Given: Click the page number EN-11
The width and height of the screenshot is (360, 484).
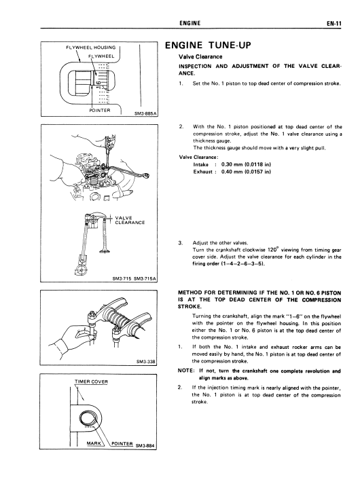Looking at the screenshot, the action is [x=334, y=24].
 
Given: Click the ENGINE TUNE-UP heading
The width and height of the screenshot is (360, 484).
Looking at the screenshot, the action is [x=208, y=45].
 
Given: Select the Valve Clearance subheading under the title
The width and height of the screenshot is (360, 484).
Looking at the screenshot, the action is [x=200, y=57].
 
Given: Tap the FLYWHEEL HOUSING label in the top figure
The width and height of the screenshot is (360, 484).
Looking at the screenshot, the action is [x=91, y=48].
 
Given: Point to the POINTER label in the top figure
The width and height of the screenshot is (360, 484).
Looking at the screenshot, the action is [x=100, y=110].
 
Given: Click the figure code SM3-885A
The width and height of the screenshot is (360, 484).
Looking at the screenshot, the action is [x=146, y=113].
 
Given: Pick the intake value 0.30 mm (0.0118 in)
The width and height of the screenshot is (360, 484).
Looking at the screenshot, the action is [x=246, y=164].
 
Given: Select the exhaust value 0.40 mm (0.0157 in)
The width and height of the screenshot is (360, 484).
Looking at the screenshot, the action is [x=246, y=172].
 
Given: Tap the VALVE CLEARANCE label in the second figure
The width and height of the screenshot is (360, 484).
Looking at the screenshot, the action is [x=130, y=220].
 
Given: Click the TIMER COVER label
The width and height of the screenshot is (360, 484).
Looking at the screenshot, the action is [x=92, y=381].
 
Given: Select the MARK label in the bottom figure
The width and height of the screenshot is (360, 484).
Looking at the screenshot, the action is [x=94, y=443].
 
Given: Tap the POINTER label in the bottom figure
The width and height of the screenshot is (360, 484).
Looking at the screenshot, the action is [x=122, y=443].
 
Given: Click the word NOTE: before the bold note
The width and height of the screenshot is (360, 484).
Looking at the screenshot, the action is [x=186, y=371].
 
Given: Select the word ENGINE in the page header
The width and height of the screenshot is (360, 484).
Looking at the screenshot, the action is [x=190, y=23].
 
